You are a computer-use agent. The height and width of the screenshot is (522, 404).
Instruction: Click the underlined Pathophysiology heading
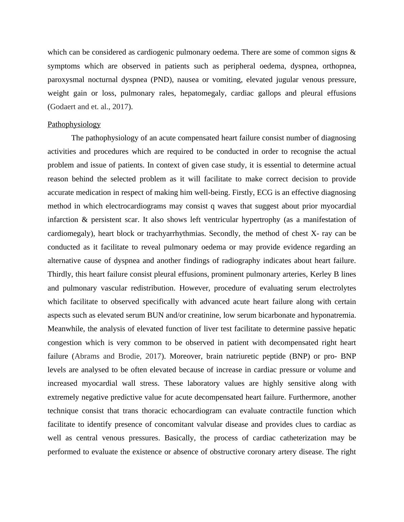(74, 124)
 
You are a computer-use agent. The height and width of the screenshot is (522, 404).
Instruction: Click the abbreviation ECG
(264, 193)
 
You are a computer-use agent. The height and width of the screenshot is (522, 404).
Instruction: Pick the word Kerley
(321, 274)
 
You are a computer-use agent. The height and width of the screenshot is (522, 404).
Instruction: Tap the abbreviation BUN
(155, 315)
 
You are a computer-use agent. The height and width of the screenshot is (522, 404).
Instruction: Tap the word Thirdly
(60, 274)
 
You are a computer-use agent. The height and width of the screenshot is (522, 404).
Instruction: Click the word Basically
(180, 438)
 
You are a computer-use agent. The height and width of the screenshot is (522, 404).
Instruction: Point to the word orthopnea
(339, 66)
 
